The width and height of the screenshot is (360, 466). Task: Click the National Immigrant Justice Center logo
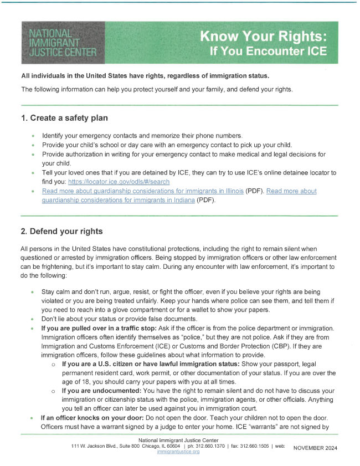tap(61, 42)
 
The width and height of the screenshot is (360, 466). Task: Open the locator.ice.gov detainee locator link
tap(119, 182)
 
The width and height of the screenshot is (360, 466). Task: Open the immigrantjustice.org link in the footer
tap(178, 452)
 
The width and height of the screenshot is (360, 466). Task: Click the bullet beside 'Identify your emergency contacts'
tap(33, 136)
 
